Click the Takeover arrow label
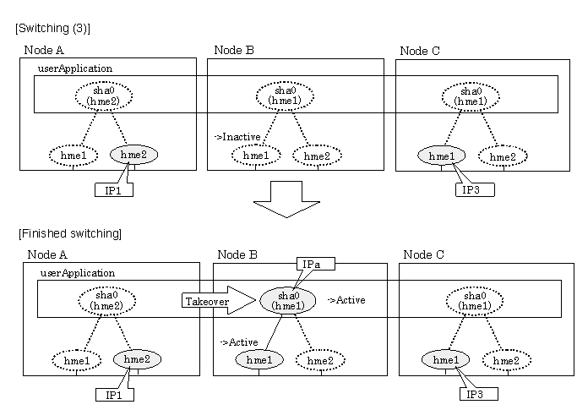click(207, 302)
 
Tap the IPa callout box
click(316, 264)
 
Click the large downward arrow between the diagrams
click(286, 200)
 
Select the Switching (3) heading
click(52, 29)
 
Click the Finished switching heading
click(70, 233)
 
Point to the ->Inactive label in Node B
click(237, 137)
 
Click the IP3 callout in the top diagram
click(475, 189)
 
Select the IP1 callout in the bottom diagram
click(114, 395)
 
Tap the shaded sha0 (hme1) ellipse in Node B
click(288, 301)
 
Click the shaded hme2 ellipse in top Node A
click(134, 155)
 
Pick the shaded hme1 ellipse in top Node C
click(442, 156)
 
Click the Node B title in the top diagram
click(234, 50)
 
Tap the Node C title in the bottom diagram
click(423, 254)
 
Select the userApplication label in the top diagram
click(75, 68)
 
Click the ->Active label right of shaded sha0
click(346, 300)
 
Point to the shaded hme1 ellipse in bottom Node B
click(259, 359)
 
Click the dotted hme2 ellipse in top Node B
click(317, 156)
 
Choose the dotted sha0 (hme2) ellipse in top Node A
click(104, 96)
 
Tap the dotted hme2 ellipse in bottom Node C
click(507, 360)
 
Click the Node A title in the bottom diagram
click(47, 254)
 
